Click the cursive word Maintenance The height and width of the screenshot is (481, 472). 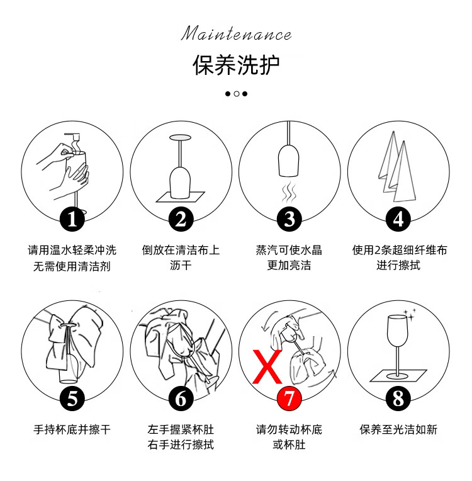[x=236, y=33]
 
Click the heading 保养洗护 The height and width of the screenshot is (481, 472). [x=236, y=65]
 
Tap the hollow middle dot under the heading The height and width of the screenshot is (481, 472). [x=237, y=94]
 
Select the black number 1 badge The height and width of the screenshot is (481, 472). [x=72, y=219]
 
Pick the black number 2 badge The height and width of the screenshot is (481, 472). [x=181, y=219]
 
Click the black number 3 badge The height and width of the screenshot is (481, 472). [x=289, y=219]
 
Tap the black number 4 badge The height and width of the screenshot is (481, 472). [x=398, y=219]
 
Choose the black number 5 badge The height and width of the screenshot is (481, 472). [x=72, y=398]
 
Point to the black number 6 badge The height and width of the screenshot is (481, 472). [x=181, y=398]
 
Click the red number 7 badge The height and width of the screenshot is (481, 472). [x=289, y=398]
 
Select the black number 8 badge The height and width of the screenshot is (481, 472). [x=398, y=398]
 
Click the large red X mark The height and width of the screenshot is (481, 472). [x=267, y=366]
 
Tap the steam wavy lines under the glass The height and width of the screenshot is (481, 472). [x=289, y=192]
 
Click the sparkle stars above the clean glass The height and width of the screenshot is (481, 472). [x=410, y=315]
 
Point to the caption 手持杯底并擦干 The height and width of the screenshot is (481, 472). [x=72, y=429]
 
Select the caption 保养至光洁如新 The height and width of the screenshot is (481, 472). [x=398, y=429]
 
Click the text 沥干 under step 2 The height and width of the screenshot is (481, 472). [x=181, y=265]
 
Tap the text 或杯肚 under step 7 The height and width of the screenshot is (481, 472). [x=289, y=444]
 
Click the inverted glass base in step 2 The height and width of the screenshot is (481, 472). [x=180, y=138]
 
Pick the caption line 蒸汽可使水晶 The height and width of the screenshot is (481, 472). [x=289, y=250]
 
